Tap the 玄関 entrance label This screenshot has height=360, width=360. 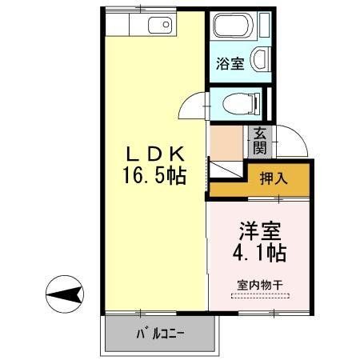260,142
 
